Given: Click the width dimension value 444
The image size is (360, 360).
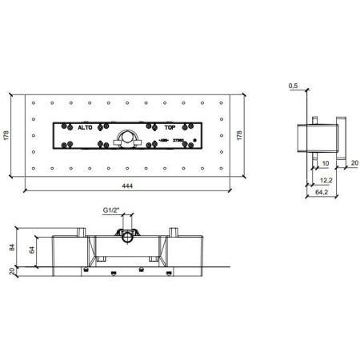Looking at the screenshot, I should pyautogui.click(x=126, y=186).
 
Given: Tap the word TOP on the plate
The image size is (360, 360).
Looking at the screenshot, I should pyautogui.click(x=170, y=127).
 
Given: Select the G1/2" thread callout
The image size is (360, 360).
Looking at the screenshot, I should pyautogui.click(x=110, y=211).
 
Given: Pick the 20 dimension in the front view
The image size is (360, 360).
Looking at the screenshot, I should pyautogui.click(x=10, y=272).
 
